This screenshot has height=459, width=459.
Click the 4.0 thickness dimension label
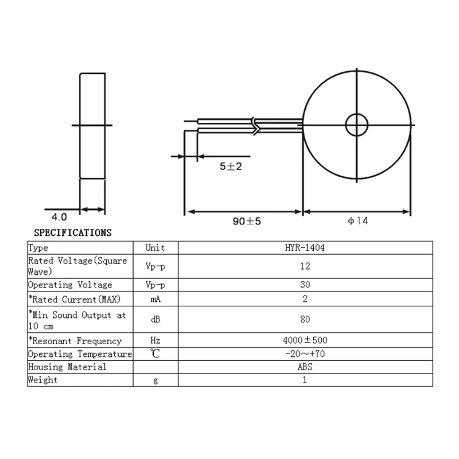60,217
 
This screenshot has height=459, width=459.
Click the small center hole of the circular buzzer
356,124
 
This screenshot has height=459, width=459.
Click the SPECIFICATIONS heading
73,233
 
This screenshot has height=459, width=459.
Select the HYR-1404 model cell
305,248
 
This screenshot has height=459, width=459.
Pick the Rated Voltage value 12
305,266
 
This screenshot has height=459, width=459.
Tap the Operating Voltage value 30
305,285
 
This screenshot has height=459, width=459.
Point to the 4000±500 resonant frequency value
305,341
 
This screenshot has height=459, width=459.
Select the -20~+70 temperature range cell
305,354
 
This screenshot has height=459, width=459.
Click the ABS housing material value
305,367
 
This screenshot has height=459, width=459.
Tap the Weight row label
43,380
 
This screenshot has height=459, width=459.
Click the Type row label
38,248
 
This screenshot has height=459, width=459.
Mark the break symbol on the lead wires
256,125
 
